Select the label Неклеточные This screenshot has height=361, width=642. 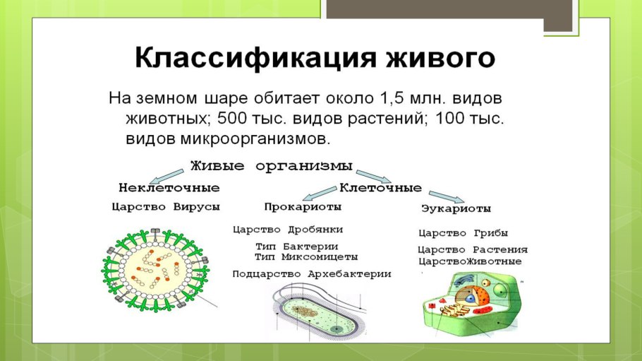[169, 188]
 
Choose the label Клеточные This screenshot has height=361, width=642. [381, 188]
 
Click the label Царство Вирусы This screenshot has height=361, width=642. [166, 207]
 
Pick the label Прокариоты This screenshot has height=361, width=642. [303, 207]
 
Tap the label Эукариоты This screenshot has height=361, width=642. [456, 209]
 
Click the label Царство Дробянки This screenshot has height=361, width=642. [288, 230]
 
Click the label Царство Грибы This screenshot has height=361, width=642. [463, 233]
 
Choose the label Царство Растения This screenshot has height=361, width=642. [472, 249]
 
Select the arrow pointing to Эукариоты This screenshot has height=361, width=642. [445, 196]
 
